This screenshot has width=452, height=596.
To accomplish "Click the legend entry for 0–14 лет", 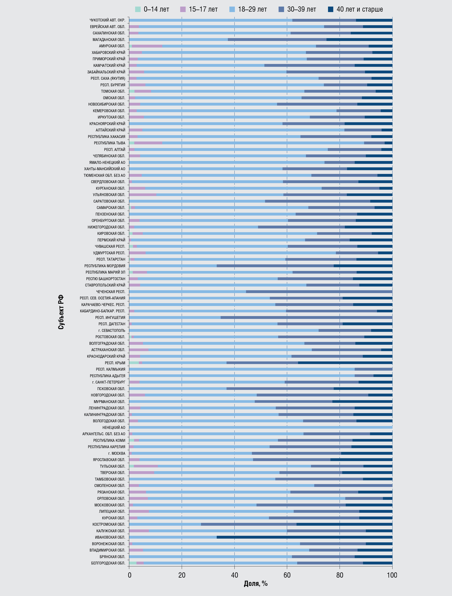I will tap(152, 9).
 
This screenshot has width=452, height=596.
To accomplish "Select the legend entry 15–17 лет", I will tap(199, 9).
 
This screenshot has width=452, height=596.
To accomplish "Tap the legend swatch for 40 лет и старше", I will tap(331, 9).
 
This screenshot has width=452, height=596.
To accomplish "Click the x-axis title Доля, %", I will tap(256, 584).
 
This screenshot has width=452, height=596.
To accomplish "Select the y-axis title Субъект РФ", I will tap(61, 312).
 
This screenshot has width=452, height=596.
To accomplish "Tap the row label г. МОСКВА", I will tap(117, 453).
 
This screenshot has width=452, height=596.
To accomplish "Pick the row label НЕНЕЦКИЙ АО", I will tap(114, 428).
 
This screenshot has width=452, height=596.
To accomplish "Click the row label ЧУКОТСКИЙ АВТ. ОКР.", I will tap(107, 20).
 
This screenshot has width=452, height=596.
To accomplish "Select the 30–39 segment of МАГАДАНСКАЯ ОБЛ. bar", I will tap(277, 40).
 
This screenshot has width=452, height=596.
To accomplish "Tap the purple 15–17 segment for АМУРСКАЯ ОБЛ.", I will tap(147, 46).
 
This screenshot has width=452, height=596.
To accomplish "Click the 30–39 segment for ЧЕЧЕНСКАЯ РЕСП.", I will tap(319, 292).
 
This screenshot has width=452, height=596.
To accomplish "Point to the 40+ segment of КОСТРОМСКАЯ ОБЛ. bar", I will tap(344, 525).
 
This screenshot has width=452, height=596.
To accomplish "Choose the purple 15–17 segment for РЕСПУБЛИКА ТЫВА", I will tap(148, 143).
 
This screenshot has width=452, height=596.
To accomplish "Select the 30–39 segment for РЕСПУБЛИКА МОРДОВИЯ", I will tap(275, 266).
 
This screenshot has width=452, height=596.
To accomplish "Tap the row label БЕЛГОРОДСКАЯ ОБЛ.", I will tap(108, 563).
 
